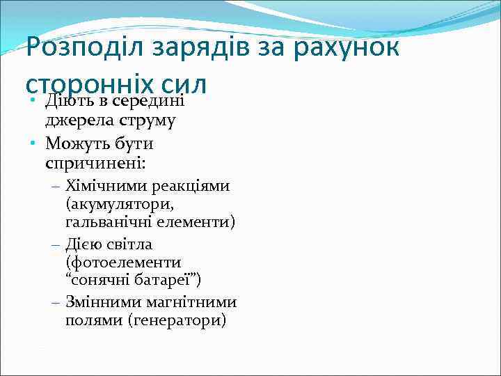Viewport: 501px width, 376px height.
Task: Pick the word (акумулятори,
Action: tap(119, 205)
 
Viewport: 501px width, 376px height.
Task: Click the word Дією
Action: tap(83, 244)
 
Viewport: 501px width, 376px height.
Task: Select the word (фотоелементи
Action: tap(122, 263)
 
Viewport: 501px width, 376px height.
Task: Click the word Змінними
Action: tap(103, 302)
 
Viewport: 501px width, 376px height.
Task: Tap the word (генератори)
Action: tap(181, 321)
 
